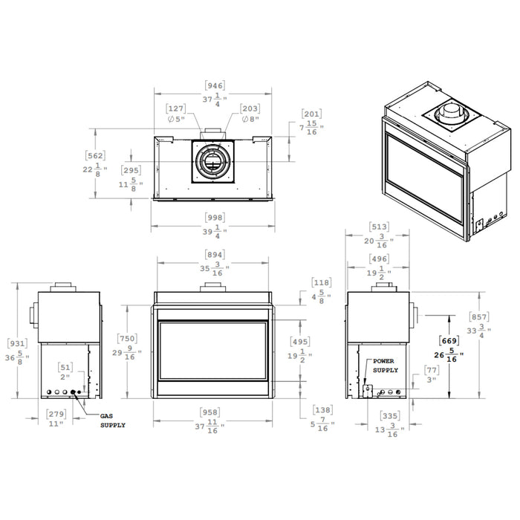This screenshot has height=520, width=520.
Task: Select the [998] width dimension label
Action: [213, 218]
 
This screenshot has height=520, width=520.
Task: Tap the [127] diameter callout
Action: [177, 108]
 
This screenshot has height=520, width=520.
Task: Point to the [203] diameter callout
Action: [250, 108]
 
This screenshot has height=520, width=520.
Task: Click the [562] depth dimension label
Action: [95, 156]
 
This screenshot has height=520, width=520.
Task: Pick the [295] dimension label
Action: [131, 170]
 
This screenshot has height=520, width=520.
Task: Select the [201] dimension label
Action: [311, 114]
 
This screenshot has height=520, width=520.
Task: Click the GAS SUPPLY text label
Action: [114, 421]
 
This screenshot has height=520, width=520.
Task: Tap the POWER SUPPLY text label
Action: [385, 365]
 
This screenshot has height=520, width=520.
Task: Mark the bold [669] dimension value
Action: [449, 340]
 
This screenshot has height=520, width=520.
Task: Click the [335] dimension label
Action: [389, 417]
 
